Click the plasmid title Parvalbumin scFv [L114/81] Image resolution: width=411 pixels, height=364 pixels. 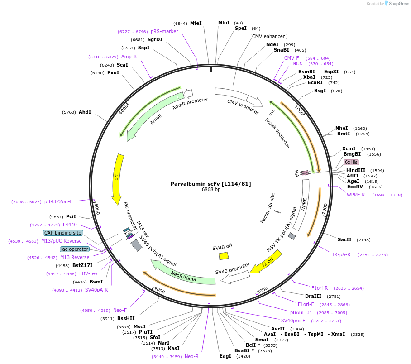[x=210, y=184]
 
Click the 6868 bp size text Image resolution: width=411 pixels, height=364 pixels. [x=211, y=190]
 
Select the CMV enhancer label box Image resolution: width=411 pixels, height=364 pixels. [x=269, y=36]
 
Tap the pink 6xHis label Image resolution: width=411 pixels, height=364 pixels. [x=351, y=162]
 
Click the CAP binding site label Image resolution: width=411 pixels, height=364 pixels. [x=63, y=233]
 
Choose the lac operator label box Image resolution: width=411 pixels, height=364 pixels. [x=75, y=249]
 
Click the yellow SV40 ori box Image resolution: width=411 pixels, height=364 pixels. [x=224, y=256]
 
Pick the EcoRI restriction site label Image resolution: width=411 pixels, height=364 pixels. [x=315, y=83]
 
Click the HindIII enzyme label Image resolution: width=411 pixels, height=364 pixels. [x=355, y=171]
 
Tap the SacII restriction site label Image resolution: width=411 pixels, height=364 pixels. [x=344, y=239]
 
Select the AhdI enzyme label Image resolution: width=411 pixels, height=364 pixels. [x=85, y=112]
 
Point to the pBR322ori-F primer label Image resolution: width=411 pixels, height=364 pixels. [x=59, y=201]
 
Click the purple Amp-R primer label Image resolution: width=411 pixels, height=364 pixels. [x=129, y=57]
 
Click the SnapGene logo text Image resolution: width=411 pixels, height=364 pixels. [x=398, y=4]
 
